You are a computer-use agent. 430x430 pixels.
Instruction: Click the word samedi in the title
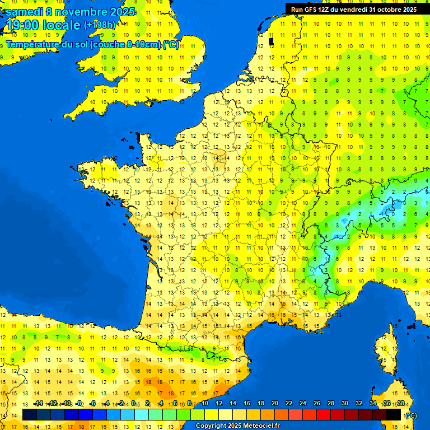click(x=26, y=12)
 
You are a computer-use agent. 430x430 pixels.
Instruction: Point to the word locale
click(x=61, y=25)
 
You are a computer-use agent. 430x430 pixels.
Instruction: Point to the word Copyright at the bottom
click(x=211, y=426)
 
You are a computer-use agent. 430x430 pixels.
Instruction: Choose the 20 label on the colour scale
click(x=274, y=404)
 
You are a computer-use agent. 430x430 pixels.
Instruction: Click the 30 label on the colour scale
click(x=344, y=404)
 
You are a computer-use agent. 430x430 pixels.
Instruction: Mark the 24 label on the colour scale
click(x=302, y=404)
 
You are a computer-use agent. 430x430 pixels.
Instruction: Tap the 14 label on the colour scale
click(x=232, y=404)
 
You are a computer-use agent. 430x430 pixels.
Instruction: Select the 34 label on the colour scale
click(x=372, y=404)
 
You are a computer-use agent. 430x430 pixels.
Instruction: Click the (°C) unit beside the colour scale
click(x=410, y=415)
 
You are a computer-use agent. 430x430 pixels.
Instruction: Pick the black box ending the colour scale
click(x=394, y=415)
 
